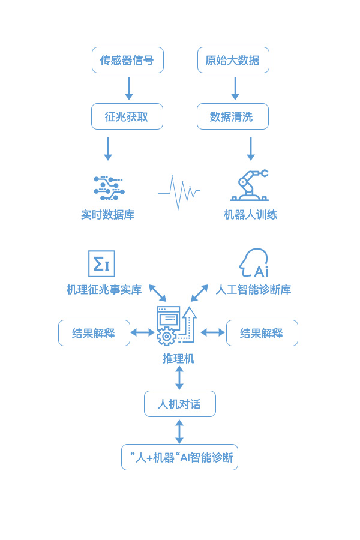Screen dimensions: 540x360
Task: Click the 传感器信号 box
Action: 127,60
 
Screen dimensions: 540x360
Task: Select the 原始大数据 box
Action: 233,60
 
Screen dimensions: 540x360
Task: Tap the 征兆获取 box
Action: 127,116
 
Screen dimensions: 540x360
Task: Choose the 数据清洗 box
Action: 232,116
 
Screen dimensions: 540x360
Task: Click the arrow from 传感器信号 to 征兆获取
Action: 128,88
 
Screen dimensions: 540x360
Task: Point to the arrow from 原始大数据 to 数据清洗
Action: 235,88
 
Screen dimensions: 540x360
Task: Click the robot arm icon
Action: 250,185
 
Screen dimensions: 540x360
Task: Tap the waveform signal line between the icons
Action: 179,193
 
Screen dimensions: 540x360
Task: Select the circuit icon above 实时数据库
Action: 109,188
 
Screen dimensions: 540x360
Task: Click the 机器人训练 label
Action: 250,215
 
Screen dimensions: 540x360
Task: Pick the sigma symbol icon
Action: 101,263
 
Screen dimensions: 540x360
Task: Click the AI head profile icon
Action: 253,263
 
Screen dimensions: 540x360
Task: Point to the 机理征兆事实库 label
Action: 104,290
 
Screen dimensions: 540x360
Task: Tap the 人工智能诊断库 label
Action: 253,290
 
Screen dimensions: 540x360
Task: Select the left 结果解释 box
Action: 94,333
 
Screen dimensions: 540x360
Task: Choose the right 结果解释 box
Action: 262,333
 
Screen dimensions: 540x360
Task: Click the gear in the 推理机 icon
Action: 166,335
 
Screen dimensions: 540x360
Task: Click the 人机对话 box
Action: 179,404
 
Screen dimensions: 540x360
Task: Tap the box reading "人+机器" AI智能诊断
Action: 179,457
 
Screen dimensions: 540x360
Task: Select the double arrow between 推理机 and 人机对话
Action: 179,378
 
